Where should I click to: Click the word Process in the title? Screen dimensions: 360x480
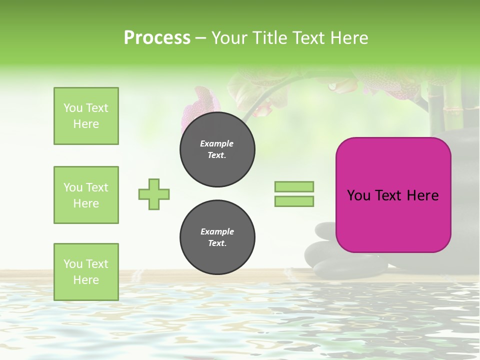tap(157, 38)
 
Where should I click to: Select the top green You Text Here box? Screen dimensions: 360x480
tap(86, 116)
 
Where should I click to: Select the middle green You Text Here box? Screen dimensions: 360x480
tap(86, 195)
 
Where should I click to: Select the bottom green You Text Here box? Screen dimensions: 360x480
tap(86, 272)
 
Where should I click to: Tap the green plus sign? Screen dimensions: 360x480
tap(154, 194)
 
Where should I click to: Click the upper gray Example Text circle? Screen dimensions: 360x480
tap(217, 149)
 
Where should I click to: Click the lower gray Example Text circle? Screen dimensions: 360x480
tap(217, 237)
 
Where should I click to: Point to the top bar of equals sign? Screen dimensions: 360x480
tap(294, 186)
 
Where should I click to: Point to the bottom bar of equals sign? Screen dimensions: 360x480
tap(294, 201)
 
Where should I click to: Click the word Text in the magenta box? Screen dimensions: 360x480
tap(392, 195)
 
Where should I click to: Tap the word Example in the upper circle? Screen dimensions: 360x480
tap(217, 143)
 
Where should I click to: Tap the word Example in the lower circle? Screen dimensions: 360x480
tap(217, 231)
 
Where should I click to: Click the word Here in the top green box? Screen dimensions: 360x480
tap(86, 124)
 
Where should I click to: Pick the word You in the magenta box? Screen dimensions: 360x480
tap(358, 195)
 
